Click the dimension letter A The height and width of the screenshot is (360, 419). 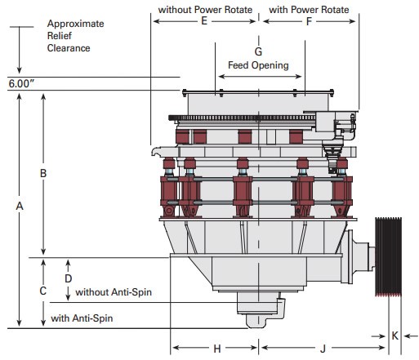(x=18, y=207)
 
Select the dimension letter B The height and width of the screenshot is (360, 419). (x=43, y=173)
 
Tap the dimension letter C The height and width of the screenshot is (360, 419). (x=43, y=291)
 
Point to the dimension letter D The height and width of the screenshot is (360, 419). (x=69, y=278)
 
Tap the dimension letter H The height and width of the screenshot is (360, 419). (x=217, y=349)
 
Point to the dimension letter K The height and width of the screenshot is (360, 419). (x=394, y=336)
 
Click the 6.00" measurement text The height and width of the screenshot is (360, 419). (x=21, y=83)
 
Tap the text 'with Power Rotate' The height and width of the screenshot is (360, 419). (x=309, y=10)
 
